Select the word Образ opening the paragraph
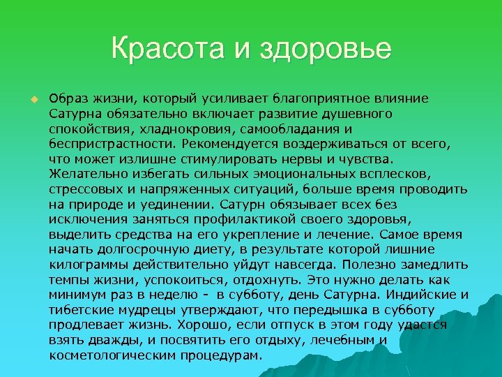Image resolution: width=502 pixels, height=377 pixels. (68, 98)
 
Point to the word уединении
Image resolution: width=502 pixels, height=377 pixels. (181, 205)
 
